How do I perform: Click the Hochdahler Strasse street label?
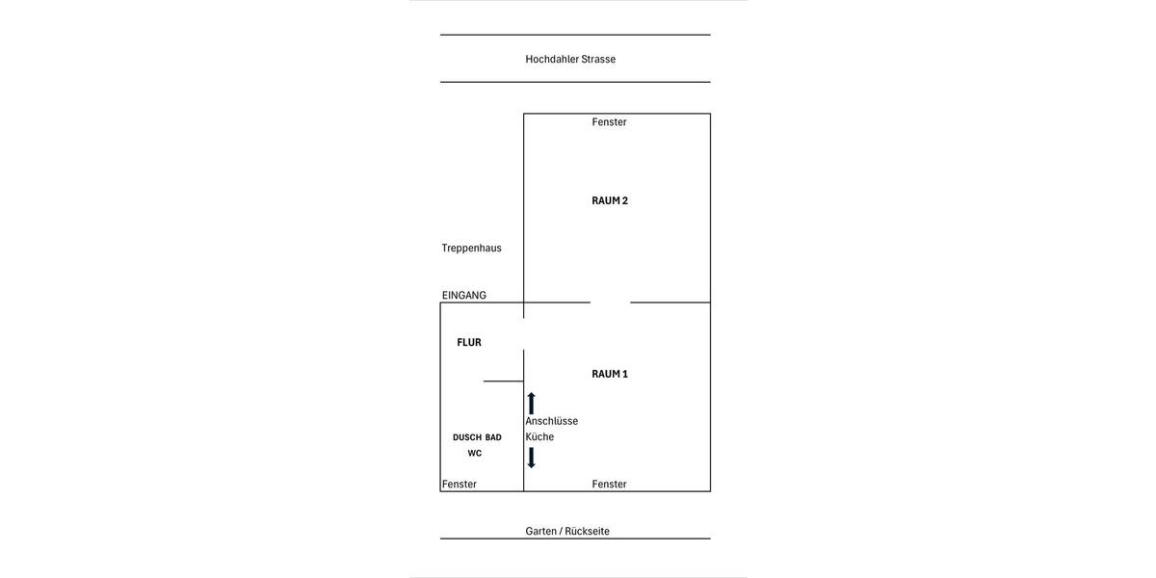pos(570,59)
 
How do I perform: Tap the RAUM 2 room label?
pos(610,200)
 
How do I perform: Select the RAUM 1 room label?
pos(610,374)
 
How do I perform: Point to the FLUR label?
pos(469,342)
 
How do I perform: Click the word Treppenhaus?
pos(471,248)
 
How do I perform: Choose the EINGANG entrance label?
pos(464,295)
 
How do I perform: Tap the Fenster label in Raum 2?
pos(609,121)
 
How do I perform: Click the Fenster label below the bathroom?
pos(460,484)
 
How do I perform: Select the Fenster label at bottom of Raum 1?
pos(609,484)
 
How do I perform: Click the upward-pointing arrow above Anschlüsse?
pos(531,403)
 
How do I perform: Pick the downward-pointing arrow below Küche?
pos(531,458)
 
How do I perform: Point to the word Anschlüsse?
pos(551,421)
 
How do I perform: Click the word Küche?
pos(539,436)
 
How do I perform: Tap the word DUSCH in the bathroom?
pos(467,437)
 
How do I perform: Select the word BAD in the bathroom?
pos(493,437)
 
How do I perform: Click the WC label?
pos(475,453)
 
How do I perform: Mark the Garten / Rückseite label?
pos(567,531)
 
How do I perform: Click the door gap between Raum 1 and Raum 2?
pos(611,302)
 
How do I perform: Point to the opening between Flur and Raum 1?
pos(524,333)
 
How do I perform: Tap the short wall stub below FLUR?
pos(503,381)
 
